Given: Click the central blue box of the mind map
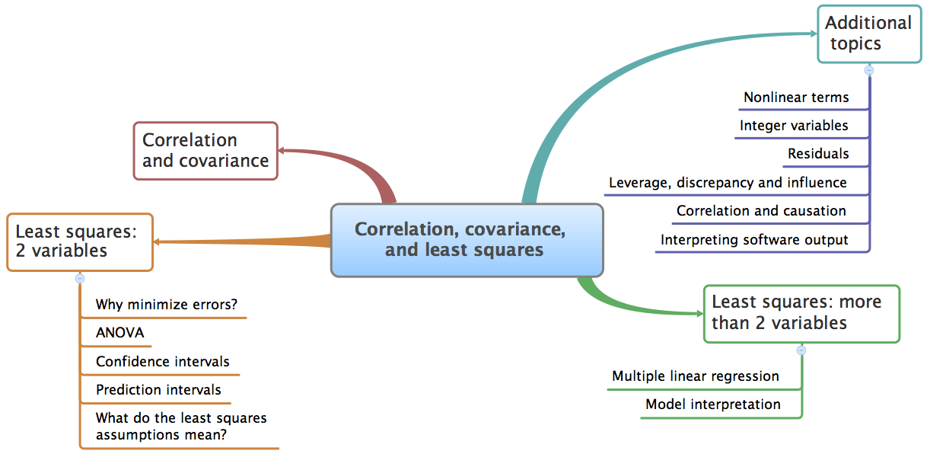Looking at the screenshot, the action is (x=467, y=240).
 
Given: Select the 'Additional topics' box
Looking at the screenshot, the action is (x=869, y=34).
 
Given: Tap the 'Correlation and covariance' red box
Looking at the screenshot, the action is (x=205, y=151).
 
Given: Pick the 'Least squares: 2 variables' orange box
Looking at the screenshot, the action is (x=80, y=242).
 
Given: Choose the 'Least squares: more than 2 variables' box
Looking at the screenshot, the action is (x=801, y=314).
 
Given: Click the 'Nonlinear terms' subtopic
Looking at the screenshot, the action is (x=796, y=98).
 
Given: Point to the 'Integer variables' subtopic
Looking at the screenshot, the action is (x=794, y=126).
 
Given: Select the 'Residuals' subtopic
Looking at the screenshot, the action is (x=818, y=154).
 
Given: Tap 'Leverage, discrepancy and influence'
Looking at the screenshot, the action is (x=728, y=183).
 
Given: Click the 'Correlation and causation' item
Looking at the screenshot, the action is (x=761, y=211).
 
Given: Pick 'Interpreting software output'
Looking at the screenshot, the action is (x=754, y=240).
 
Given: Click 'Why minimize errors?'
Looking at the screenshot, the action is (x=167, y=305).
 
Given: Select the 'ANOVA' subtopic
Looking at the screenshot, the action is (x=120, y=333).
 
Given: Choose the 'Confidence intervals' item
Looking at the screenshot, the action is (x=163, y=362).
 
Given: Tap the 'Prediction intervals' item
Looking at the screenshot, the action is (x=158, y=390).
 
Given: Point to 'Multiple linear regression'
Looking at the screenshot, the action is (x=696, y=376).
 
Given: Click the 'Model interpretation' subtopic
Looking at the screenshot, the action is (x=713, y=404).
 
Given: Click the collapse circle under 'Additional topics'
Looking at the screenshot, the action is (x=869, y=70).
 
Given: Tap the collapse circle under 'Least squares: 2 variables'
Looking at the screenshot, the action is (x=80, y=279).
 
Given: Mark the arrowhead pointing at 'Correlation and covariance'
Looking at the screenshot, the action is (x=282, y=151).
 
